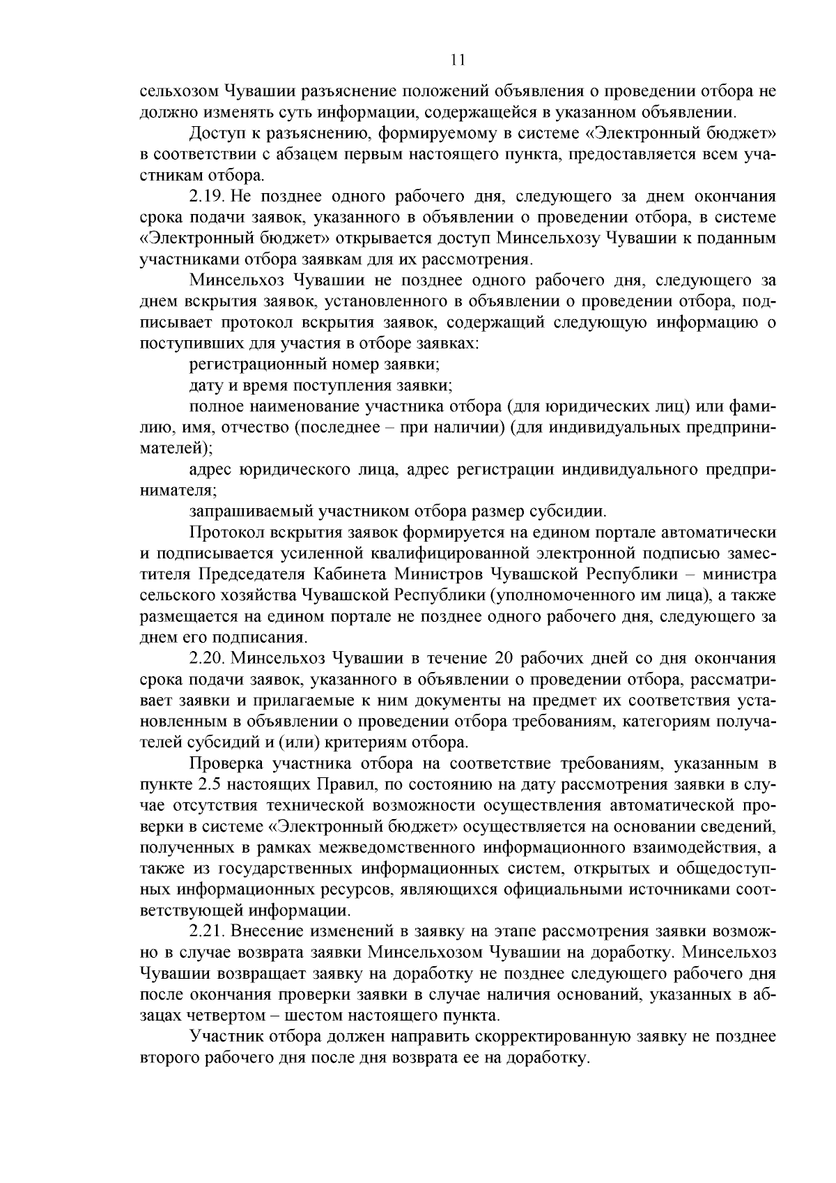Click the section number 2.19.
[206, 196]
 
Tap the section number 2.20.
[207, 658]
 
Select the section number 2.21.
[206, 931]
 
